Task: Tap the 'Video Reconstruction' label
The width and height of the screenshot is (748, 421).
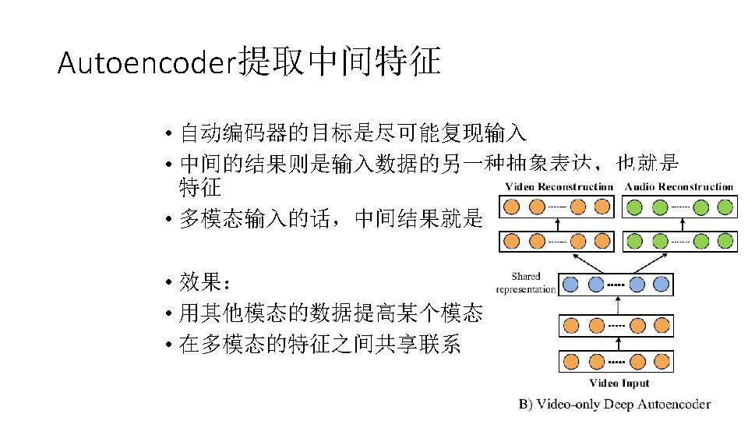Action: (559, 187)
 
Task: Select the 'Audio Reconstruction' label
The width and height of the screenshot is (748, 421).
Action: (679, 187)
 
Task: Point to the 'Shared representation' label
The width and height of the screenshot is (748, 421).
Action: (526, 282)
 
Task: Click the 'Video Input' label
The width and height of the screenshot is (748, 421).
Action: (619, 383)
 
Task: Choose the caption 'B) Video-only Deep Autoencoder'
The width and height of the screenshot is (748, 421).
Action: (615, 404)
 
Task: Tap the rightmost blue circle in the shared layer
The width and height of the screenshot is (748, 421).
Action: (662, 285)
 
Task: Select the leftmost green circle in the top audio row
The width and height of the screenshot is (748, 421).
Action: (635, 207)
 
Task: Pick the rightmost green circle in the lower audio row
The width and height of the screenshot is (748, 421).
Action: (725, 242)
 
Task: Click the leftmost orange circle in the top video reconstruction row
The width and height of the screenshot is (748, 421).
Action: (512, 207)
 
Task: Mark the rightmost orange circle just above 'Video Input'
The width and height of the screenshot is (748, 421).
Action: (662, 362)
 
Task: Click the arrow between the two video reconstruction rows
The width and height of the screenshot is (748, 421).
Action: (557, 225)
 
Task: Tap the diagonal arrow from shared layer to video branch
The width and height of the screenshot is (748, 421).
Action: (584, 262)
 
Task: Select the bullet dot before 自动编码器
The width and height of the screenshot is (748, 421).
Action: (168, 133)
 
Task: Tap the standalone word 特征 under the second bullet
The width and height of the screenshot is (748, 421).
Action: (200, 187)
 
